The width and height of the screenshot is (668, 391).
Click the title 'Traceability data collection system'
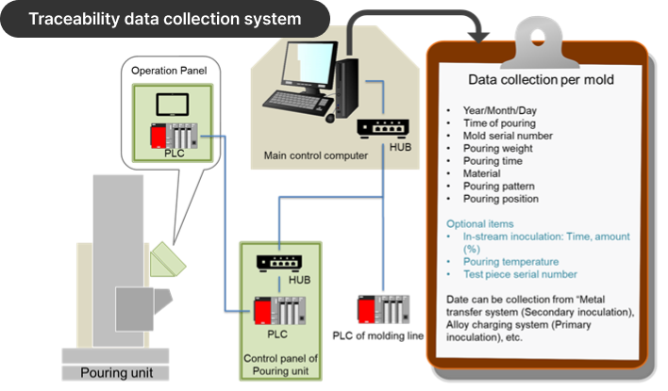click(164, 18)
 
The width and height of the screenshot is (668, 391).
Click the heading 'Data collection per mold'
click(542, 80)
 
